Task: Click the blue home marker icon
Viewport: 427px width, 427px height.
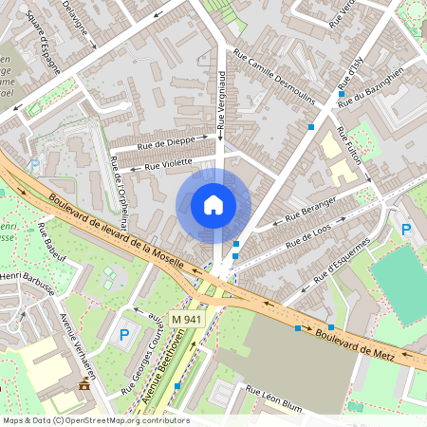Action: click(213, 205)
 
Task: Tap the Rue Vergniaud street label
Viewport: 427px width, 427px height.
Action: click(220, 99)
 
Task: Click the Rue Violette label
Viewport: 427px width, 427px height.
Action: click(170, 163)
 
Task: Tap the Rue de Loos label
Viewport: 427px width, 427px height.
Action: click(307, 237)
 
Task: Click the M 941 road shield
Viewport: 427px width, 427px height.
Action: click(187, 320)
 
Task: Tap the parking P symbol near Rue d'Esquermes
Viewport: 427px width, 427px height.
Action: click(406, 231)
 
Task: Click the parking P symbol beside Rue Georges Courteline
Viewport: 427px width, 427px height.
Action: click(122, 335)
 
